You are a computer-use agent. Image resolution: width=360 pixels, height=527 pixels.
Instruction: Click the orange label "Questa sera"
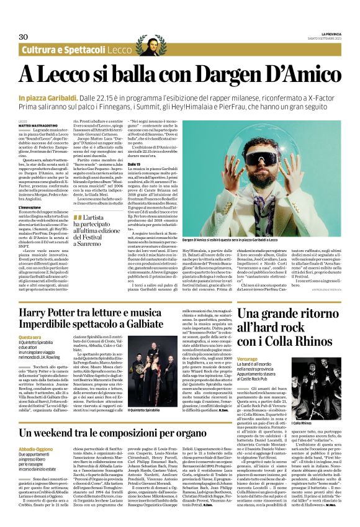(x=30, y=338)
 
